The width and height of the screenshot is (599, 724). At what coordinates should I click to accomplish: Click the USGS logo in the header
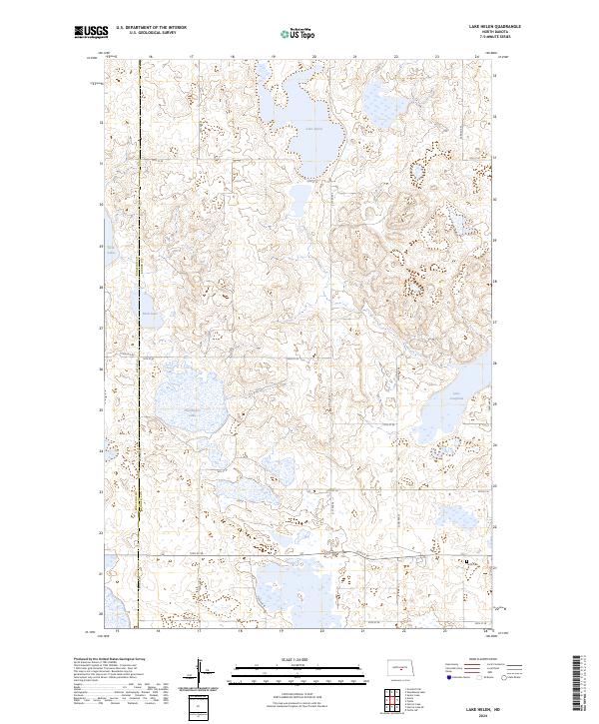click(90, 33)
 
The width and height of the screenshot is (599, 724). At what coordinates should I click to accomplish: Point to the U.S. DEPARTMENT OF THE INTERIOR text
click(150, 28)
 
